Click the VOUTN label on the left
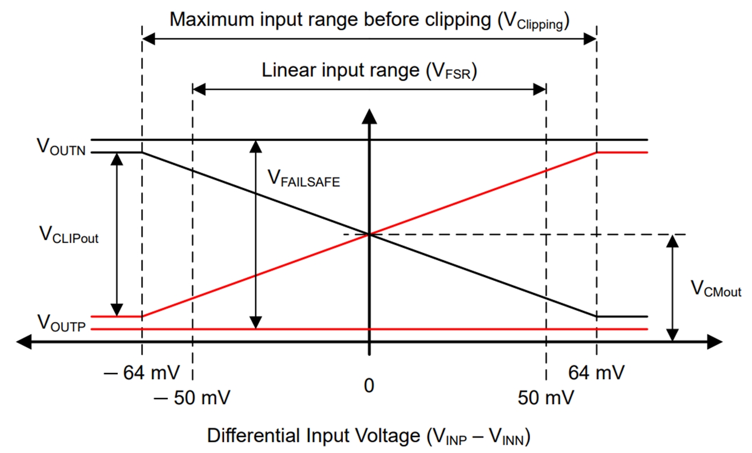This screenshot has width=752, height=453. pyautogui.click(x=61, y=147)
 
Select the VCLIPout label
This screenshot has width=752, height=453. pyautogui.click(x=68, y=235)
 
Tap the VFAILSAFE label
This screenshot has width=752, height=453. pyautogui.click(x=304, y=178)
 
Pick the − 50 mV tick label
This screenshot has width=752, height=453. pyautogui.click(x=193, y=398)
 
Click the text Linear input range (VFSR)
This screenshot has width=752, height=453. pyautogui.click(x=369, y=71)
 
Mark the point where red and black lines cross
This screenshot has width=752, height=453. pyautogui.click(x=370, y=235)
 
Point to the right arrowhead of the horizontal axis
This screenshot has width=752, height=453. pyautogui.click(x=715, y=342)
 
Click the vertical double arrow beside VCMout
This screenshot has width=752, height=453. pyautogui.click(x=674, y=288)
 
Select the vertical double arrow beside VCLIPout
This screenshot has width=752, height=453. pyautogui.click(x=117, y=235)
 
